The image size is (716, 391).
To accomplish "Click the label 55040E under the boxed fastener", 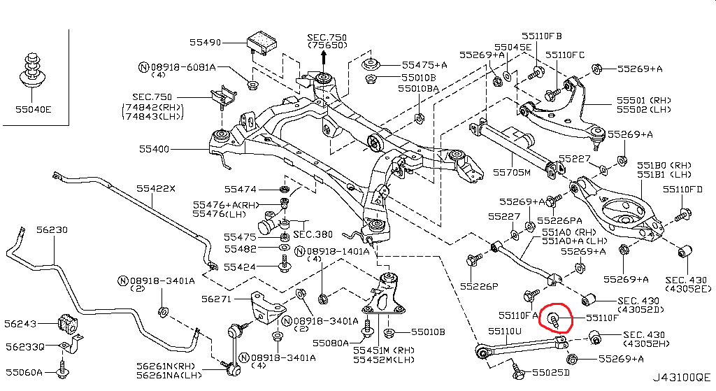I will [x=33, y=108].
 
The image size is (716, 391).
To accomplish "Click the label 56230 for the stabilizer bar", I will [x=52, y=229].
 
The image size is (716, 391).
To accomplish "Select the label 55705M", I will [x=512, y=171].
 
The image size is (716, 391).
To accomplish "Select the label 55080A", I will [x=330, y=343].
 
